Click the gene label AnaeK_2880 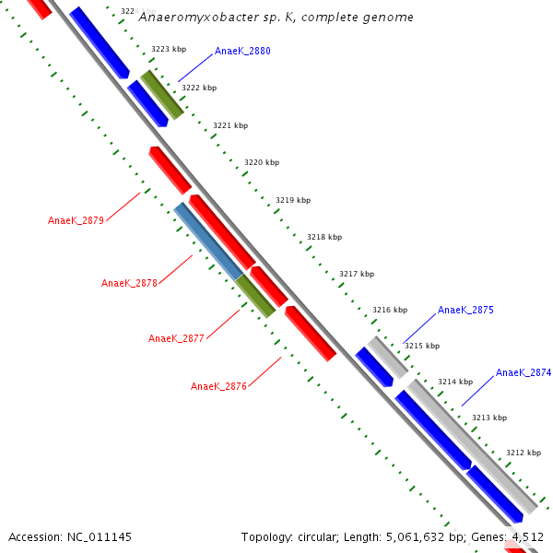pyautogui.click(x=242, y=52)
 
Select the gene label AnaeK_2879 pyautogui.click(x=76, y=220)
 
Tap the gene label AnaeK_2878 pyautogui.click(x=129, y=283)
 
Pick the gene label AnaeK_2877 pyautogui.click(x=176, y=338)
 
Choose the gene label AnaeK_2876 pyautogui.click(x=218, y=386)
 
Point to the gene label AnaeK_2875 pyautogui.click(x=465, y=311)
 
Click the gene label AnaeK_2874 pyautogui.click(x=524, y=373)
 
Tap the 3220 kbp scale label pyautogui.click(x=261, y=163)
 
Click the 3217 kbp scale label pyautogui.click(x=357, y=274)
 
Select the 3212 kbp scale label pyautogui.click(x=523, y=453)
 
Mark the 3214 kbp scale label pyautogui.click(x=454, y=382)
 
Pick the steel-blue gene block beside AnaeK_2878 pyautogui.click(x=207, y=241)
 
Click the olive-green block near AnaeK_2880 pyautogui.click(x=162, y=94)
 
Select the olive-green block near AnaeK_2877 pyautogui.click(x=255, y=296)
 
